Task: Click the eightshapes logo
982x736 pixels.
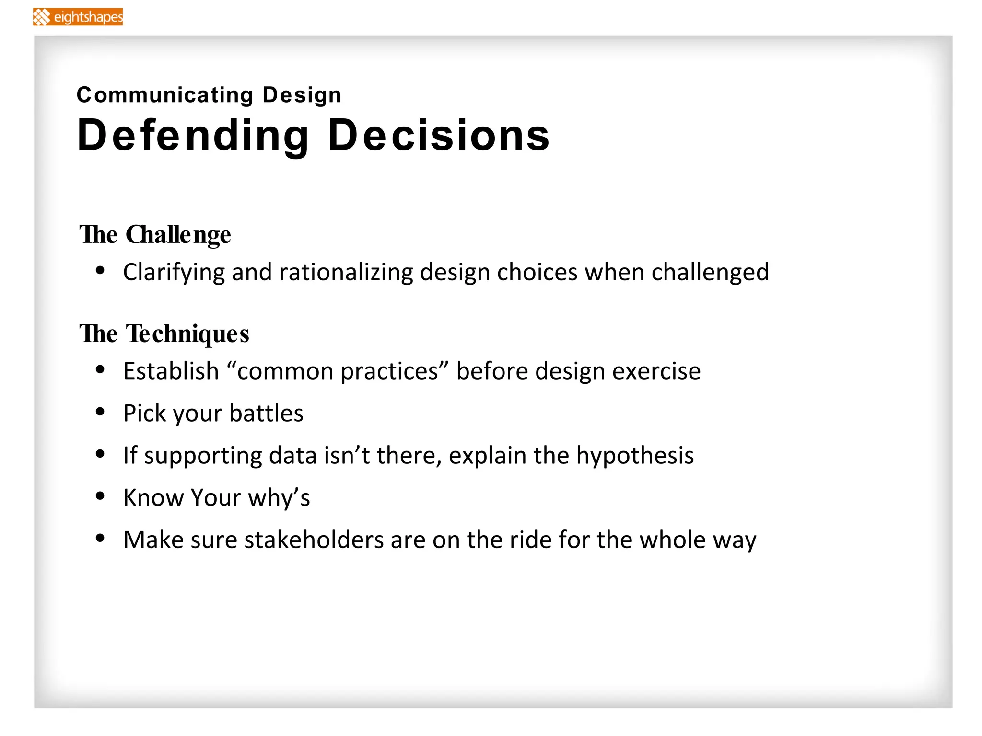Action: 78,17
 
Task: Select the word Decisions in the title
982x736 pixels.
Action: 438,136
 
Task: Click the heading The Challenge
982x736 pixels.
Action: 155,235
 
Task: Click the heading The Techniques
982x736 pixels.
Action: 164,334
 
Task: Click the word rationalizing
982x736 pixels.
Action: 346,272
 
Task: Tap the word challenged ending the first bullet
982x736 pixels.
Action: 710,273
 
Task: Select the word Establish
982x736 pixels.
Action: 171,371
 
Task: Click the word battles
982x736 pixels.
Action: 266,413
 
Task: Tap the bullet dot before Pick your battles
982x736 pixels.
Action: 100,412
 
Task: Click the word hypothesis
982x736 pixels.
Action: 635,456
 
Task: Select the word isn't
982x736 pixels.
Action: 347,455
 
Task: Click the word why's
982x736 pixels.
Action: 279,498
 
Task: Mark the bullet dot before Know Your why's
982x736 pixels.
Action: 100,496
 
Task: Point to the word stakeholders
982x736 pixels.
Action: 314,540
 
